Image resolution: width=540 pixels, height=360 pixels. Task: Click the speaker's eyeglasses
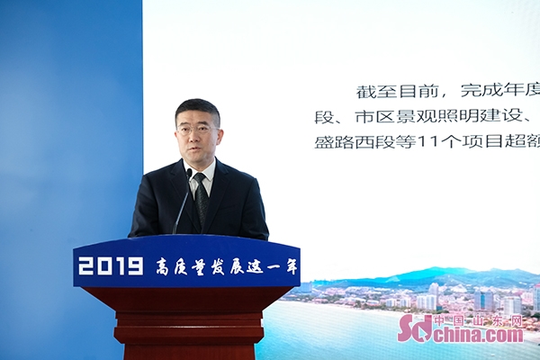tap(198, 130)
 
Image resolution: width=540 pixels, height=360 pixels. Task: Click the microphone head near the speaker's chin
tap(189, 174)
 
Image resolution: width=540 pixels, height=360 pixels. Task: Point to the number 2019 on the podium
tap(111, 266)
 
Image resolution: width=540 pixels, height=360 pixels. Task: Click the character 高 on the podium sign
tap(163, 266)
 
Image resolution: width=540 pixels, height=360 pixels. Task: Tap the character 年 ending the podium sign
tap(291, 266)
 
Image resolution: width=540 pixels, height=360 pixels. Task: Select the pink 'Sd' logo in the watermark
tap(415, 328)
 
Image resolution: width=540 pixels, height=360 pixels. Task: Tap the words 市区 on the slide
tap(374, 117)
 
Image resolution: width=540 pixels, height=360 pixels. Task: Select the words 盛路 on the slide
tap(334, 142)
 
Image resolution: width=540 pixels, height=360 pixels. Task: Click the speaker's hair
tap(196, 110)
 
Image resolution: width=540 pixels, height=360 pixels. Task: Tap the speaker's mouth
tap(197, 149)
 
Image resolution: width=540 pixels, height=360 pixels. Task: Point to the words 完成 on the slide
tap(480, 92)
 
